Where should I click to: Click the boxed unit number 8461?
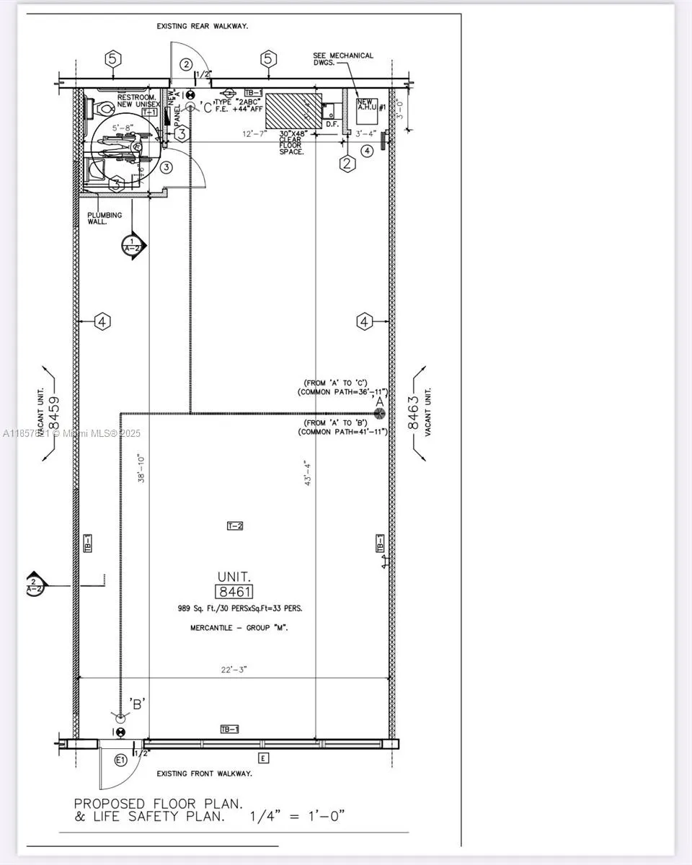tap(235, 592)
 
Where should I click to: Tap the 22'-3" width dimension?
tap(234, 670)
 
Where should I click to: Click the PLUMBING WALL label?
tap(105, 218)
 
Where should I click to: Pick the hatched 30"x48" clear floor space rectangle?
tap(293, 112)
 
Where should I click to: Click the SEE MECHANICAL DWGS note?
tap(343, 59)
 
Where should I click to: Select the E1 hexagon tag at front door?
tap(120, 760)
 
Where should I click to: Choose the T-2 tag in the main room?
tap(235, 525)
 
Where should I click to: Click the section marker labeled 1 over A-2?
tap(131, 245)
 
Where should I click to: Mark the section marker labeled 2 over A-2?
tap(34, 585)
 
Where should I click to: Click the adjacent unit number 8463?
tap(414, 413)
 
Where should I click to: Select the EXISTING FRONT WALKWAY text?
tap(205, 773)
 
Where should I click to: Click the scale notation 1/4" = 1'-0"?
tap(297, 816)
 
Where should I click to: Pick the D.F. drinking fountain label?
tap(332, 124)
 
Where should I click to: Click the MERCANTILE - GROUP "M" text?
tap(239, 629)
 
